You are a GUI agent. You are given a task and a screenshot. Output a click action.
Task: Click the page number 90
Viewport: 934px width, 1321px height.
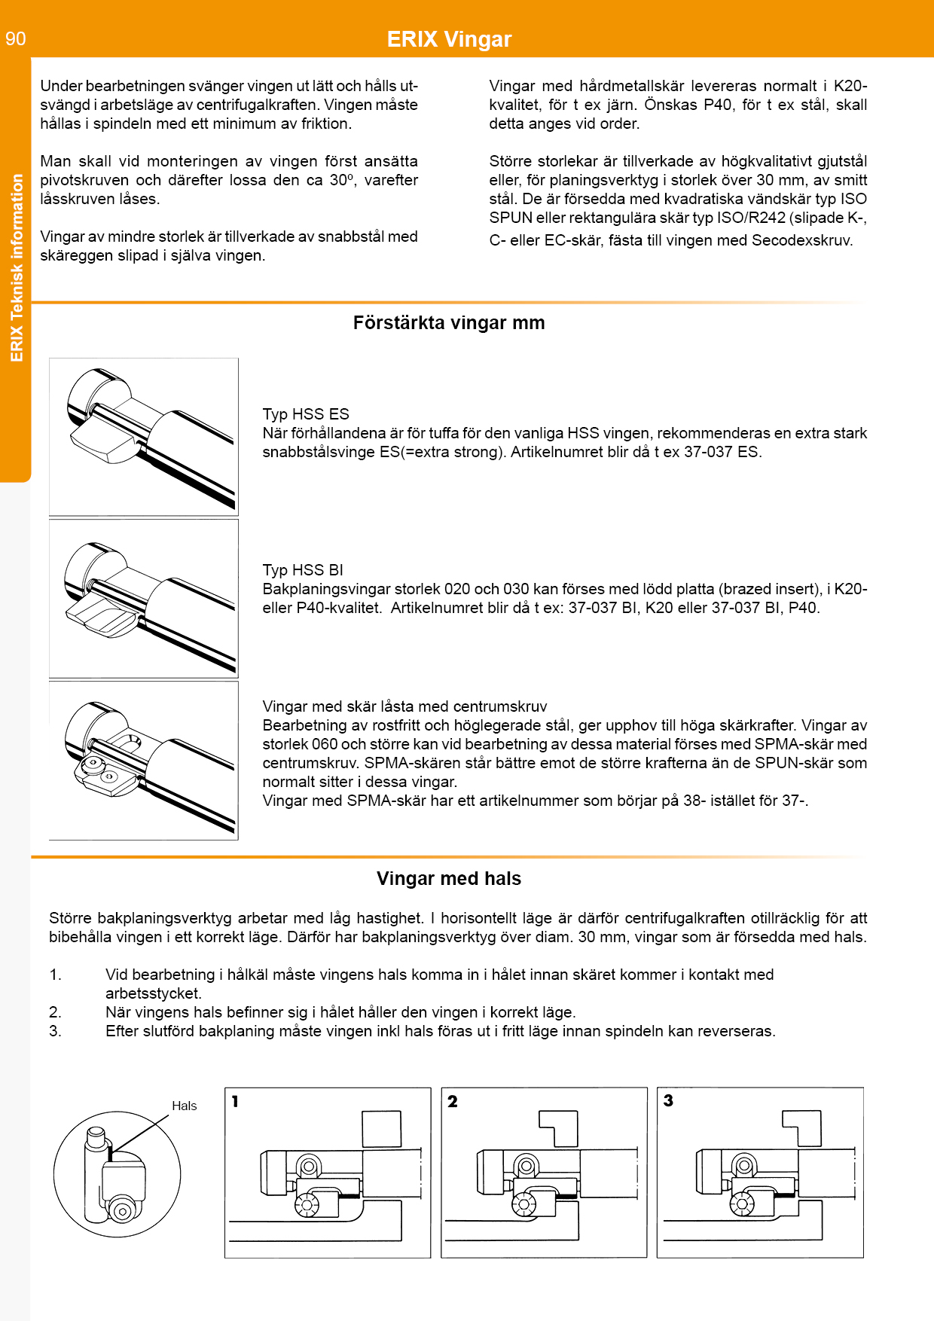16,38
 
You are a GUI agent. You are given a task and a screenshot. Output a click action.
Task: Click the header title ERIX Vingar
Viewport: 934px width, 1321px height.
449,39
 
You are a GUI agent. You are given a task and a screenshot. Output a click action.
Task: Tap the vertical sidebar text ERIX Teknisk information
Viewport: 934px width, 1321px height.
17,268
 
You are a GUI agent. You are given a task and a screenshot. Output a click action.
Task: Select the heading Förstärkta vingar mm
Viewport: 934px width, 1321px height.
449,323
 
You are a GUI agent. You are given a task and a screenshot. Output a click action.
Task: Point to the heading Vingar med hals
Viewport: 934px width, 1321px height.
449,879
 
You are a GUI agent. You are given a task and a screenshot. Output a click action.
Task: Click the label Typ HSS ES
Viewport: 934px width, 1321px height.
306,414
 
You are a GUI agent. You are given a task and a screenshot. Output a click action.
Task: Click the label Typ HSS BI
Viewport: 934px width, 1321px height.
303,570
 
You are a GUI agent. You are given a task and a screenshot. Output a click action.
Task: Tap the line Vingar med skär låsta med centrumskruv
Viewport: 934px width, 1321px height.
404,706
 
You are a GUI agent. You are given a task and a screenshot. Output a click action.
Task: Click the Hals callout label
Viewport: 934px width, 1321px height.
184,1106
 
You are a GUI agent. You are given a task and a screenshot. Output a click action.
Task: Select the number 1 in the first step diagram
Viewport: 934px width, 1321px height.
235,1101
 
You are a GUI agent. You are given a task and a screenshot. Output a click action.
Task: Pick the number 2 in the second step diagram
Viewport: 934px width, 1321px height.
452,1101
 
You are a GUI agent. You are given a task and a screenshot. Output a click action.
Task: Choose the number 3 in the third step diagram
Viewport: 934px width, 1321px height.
668,1100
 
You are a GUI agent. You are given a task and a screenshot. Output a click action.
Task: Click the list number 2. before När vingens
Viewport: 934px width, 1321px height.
55,1012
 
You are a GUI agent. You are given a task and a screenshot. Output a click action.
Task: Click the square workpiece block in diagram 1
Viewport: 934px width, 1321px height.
381,1129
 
